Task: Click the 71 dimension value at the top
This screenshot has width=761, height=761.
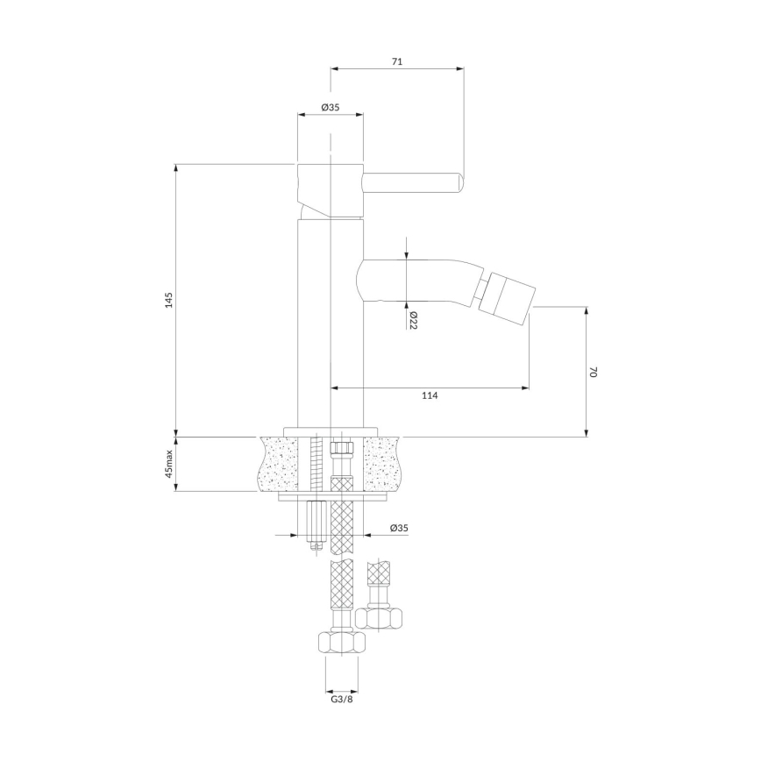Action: pos(396,61)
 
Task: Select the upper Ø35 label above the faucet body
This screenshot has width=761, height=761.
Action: pos(330,107)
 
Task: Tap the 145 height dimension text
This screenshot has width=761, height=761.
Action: pos(169,300)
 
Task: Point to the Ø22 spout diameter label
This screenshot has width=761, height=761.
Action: pos(411,320)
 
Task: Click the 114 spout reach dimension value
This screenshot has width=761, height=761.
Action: pos(429,396)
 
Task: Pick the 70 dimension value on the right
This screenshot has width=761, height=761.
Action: pos(593,372)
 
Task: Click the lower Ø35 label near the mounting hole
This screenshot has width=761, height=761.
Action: pos(398,528)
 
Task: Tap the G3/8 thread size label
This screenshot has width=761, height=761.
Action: pos(342,699)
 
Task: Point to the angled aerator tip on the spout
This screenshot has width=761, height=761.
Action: pos(508,294)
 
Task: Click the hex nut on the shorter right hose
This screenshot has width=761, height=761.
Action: pos(379,616)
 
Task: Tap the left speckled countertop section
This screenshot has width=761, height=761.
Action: pos(279,462)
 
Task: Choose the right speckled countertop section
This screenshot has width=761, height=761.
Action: pos(385,462)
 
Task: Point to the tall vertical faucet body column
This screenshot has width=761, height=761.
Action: pos(330,324)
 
